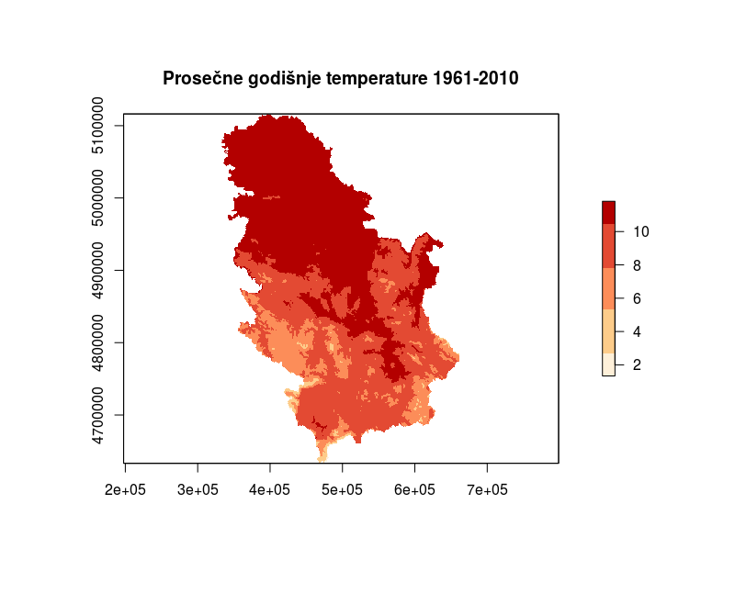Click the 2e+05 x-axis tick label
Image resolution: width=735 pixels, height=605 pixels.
(125, 490)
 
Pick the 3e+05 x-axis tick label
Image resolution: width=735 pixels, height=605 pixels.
(198, 490)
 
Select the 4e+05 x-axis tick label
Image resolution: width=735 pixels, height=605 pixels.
(270, 490)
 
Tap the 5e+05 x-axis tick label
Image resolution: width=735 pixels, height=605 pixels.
(343, 490)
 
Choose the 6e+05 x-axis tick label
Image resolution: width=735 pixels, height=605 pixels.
(414, 490)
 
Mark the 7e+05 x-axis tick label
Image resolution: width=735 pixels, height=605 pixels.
(487, 490)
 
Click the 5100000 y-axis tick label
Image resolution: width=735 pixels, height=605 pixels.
(97, 126)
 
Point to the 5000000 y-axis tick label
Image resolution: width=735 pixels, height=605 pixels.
(97, 198)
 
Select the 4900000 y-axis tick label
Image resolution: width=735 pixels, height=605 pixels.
(97, 270)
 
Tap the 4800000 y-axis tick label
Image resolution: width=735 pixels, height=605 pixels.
(97, 342)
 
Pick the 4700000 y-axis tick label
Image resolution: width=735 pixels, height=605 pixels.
(97, 415)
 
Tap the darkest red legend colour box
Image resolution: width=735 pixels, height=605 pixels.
(608, 212)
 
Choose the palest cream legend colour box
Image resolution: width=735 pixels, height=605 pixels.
(608, 364)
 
